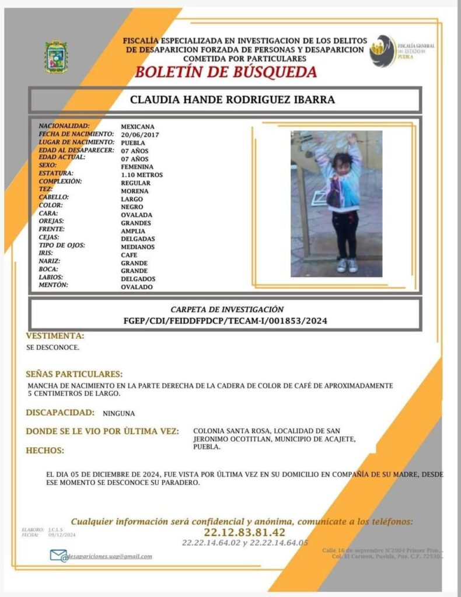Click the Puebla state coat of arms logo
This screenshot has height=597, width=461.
[57, 57]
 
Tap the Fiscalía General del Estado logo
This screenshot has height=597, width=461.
[384, 51]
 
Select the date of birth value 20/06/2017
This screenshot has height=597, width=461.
[139, 135]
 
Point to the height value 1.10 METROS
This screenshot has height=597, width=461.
[142, 175]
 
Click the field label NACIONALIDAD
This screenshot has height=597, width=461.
[64, 126]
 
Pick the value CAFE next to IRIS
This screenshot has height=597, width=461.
[130, 255]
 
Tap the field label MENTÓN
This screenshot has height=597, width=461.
[53, 285]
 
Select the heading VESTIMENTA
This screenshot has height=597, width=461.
[55, 336]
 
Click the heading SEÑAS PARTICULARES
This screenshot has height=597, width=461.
[74, 374]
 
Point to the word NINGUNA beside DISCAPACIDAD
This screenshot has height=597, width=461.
[118, 413]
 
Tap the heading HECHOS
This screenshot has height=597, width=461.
[45, 450]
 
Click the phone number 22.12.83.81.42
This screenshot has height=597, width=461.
[245, 532]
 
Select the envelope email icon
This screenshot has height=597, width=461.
[58, 556]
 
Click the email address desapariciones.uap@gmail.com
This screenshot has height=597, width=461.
[110, 556]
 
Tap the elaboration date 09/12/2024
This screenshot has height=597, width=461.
[62, 535]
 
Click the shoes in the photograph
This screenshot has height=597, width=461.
[347, 265]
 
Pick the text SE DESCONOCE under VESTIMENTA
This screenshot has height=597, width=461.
[53, 347]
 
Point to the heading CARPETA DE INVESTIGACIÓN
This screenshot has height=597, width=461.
[227, 309]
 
